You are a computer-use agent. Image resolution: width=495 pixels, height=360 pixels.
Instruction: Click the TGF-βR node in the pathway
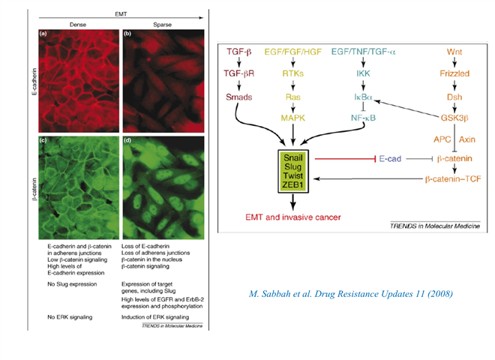(239, 73)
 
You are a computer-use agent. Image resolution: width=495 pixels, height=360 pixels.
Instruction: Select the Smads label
(239, 97)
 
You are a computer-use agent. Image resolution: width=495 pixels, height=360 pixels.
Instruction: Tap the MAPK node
(293, 118)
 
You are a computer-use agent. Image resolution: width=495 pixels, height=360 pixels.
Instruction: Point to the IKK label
(363, 73)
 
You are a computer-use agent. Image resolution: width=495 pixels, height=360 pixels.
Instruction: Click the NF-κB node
(363, 118)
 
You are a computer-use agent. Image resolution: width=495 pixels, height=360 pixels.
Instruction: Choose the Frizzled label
(454, 73)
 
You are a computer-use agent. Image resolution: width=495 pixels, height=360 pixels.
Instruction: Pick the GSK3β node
(454, 118)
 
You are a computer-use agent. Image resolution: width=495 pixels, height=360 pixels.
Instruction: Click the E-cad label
(390, 158)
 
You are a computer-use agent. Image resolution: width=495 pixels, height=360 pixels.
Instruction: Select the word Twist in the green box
(293, 175)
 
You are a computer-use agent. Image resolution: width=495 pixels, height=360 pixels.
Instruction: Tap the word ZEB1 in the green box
(293, 184)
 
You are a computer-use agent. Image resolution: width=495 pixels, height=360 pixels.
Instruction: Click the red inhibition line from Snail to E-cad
(345, 158)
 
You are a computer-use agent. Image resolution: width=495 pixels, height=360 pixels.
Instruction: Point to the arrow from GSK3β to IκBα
(407, 109)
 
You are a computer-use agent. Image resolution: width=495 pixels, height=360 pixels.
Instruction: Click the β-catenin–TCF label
(453, 179)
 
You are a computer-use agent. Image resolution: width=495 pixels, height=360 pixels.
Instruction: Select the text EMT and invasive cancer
(293, 217)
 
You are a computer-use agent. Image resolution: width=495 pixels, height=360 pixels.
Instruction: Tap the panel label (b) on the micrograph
(127, 34)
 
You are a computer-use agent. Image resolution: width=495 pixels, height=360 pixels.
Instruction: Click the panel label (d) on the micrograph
(127, 140)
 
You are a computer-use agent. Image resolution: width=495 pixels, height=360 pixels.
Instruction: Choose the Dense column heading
(78, 25)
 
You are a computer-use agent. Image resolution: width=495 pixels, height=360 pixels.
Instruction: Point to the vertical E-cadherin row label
(34, 82)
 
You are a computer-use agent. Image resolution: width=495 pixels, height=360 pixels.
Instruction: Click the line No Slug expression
(72, 284)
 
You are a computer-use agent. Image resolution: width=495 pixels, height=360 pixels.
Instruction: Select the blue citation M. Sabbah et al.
(351, 294)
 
